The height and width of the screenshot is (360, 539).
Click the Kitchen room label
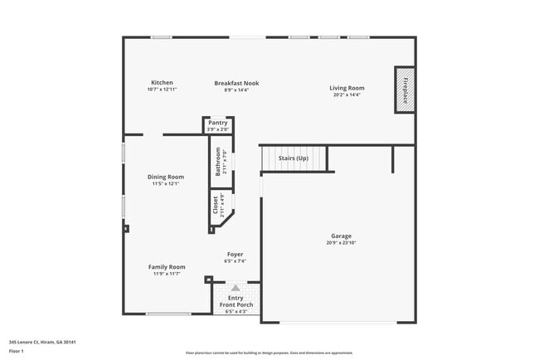click(162, 82)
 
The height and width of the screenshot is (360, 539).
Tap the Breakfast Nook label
click(236, 83)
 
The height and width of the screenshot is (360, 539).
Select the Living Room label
click(347, 88)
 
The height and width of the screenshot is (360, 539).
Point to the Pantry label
click(218, 123)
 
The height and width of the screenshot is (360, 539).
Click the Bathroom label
click(219, 161)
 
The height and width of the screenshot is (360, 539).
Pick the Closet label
click(216, 206)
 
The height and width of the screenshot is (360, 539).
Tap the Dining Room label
click(166, 177)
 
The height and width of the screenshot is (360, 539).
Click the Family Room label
click(167, 267)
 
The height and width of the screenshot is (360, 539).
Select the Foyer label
click(236, 254)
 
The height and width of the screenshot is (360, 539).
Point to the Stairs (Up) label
click(293, 158)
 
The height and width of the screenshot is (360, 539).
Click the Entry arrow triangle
click(235, 287)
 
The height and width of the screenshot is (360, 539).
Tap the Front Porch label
click(236, 305)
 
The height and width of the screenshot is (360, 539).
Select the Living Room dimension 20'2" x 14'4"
click(347, 95)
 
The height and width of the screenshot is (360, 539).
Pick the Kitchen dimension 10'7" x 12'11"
click(162, 89)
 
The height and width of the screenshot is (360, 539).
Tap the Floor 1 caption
click(16, 351)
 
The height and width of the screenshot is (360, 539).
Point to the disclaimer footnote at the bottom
click(269, 352)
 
